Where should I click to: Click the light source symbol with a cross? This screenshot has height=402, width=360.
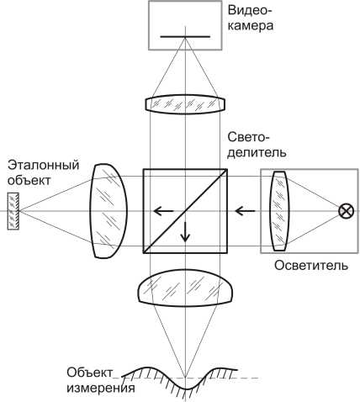[346, 211]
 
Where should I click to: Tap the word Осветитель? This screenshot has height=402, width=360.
[311, 265]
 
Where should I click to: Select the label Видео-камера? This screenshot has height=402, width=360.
[251, 19]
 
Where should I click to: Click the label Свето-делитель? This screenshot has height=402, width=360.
[257, 145]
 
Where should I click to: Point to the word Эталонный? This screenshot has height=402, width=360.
[44, 165]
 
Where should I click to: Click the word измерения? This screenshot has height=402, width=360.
[101, 388]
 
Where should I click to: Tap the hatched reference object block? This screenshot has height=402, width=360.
[13, 211]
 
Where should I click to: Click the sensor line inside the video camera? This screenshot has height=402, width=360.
[185, 37]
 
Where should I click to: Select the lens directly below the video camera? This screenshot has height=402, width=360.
[185, 104]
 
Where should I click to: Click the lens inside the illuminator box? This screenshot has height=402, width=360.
[278, 211]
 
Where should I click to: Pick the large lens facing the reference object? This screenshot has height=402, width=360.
[109, 211]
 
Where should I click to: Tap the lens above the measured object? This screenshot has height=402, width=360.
[185, 288]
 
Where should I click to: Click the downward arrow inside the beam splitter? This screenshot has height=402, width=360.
[185, 232]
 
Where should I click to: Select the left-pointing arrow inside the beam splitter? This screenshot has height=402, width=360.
[163, 211]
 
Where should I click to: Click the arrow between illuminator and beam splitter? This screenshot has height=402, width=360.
[246, 211]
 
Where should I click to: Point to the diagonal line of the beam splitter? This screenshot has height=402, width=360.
[185, 211]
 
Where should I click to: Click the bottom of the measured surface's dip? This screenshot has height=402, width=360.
[186, 389]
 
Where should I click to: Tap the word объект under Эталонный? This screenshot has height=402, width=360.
[29, 180]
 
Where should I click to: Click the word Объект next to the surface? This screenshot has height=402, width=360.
[90, 373]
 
